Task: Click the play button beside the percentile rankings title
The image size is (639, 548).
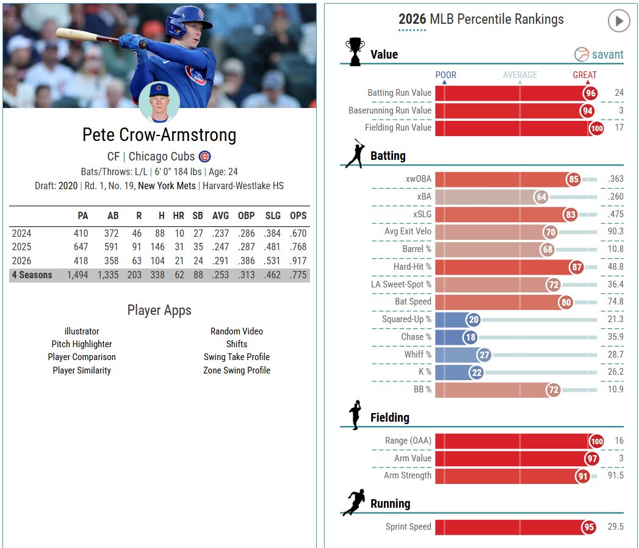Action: coord(619,20)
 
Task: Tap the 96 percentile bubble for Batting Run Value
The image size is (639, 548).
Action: coord(591,93)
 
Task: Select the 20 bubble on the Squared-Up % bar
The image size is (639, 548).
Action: coord(473,319)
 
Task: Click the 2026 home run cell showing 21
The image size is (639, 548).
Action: coord(179,261)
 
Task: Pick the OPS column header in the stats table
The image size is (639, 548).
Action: coord(298,215)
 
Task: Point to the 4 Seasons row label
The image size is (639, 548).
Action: coord(32,275)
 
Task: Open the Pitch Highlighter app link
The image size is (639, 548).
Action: coord(82,344)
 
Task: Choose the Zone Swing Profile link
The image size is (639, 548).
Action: coord(237,370)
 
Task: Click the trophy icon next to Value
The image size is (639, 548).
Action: coord(355,51)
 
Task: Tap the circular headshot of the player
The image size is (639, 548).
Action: coord(159,102)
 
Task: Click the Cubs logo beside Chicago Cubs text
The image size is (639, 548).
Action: coord(204,156)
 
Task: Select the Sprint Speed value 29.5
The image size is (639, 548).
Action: coord(615,527)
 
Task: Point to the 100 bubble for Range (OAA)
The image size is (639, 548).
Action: coord(597,441)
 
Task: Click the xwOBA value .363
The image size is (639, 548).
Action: coord(615,178)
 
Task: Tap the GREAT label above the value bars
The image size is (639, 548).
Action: coord(585,75)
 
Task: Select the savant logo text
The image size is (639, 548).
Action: coord(607,54)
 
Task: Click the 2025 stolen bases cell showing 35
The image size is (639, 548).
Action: coord(198,247)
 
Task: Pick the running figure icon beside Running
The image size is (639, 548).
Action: coord(353,502)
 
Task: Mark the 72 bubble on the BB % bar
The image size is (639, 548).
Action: coord(553,390)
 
